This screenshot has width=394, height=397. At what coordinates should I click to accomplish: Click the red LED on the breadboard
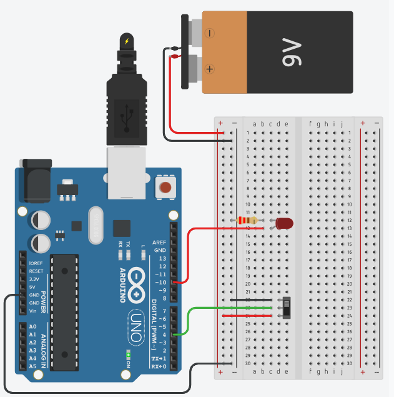coord(284,223)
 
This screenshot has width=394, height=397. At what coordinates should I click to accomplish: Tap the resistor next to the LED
coord(248,220)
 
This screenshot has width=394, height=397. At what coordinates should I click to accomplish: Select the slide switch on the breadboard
coord(288,307)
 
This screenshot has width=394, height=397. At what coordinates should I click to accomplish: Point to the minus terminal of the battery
coord(210,31)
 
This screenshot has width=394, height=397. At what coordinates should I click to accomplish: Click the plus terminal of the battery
coord(210,69)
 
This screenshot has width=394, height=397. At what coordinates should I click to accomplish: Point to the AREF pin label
coord(159,242)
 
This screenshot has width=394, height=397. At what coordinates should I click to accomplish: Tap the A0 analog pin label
coord(32,327)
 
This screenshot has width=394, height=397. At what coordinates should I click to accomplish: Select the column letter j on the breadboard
coord(342,124)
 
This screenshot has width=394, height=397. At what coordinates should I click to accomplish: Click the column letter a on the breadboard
coord(255,124)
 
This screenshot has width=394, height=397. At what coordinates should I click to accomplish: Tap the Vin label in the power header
coord(34,311)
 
